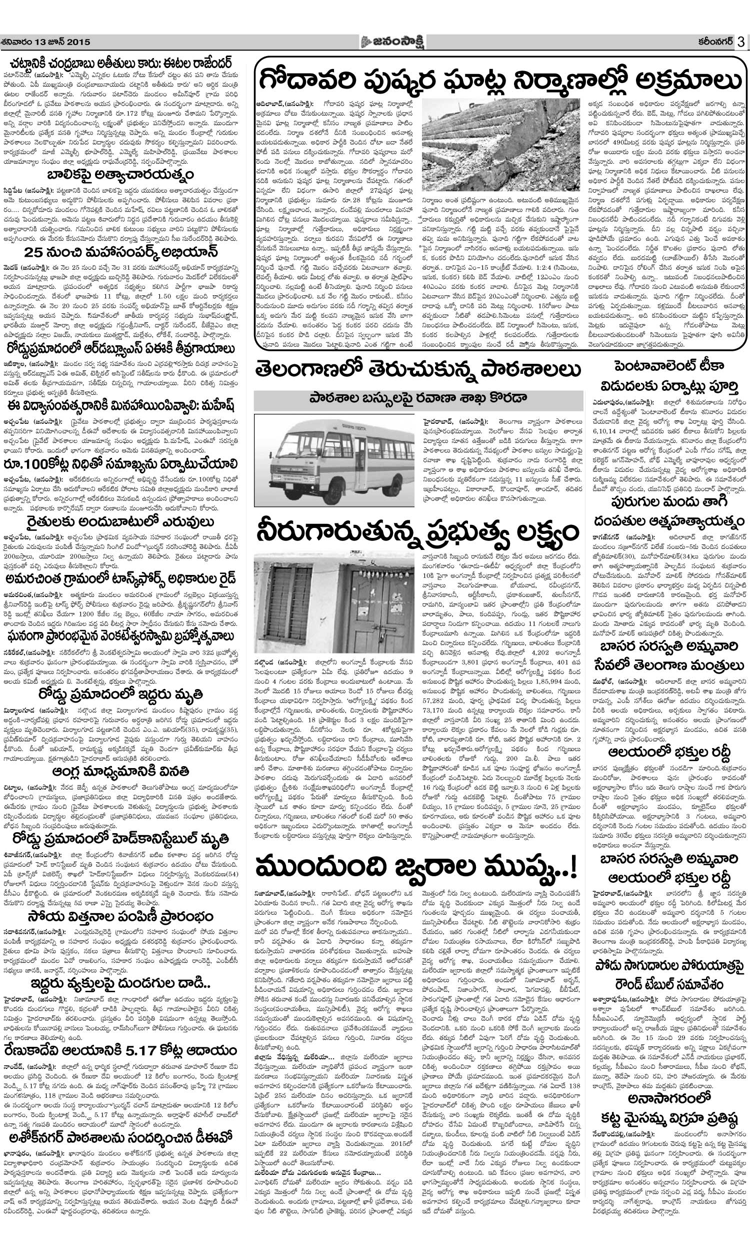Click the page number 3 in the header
tap(740, 41)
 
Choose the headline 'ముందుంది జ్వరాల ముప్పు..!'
tap(416, 868)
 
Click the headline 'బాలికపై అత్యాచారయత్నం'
tap(120, 176)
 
